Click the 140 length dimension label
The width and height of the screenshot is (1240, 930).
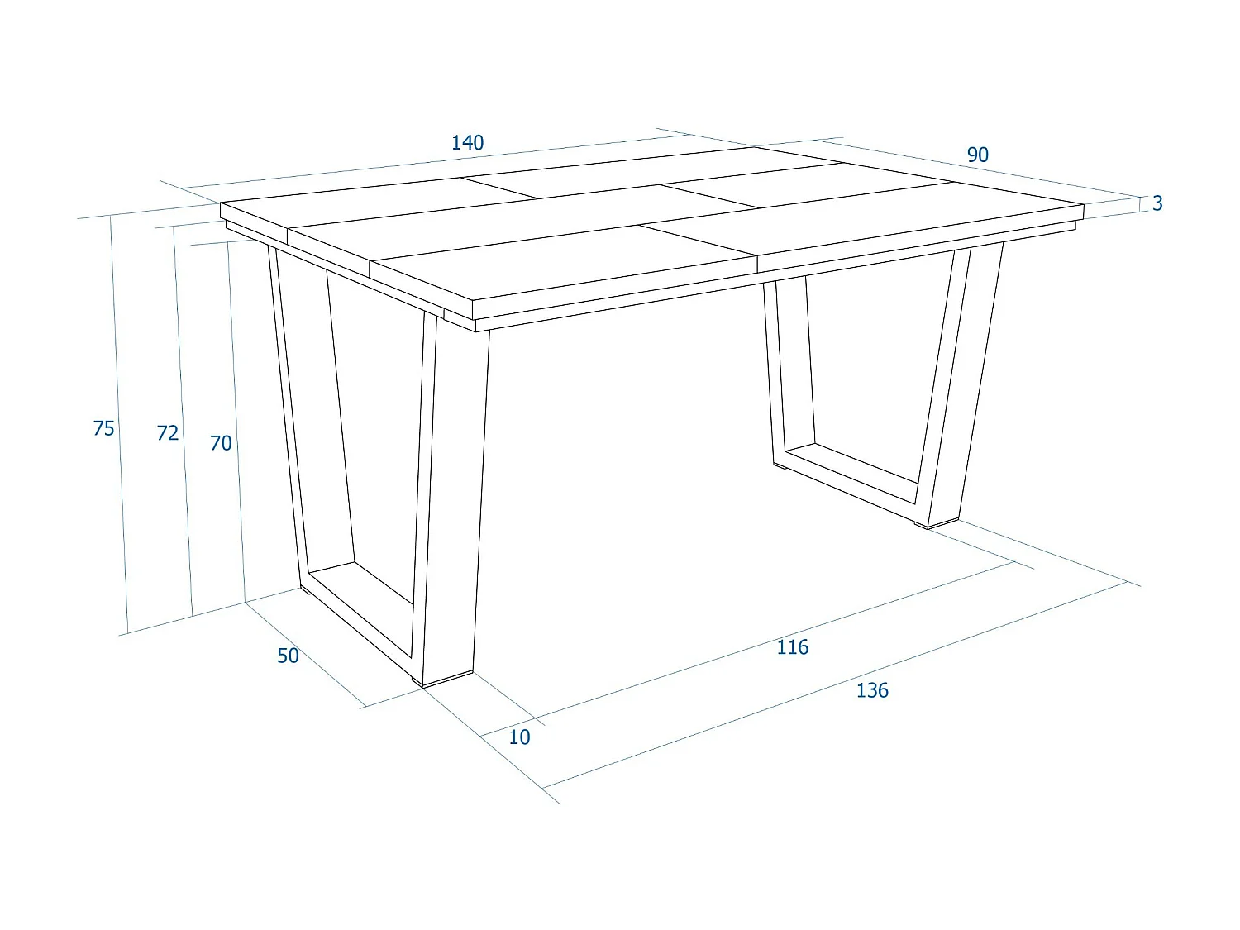tap(467, 142)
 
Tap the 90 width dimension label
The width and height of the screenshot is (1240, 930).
tap(977, 155)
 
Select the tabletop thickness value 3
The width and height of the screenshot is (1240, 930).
tap(1157, 203)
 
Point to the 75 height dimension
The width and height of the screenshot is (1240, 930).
tap(103, 428)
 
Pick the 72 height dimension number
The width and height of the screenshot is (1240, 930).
tap(168, 433)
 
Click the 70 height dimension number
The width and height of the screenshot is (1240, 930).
tap(221, 444)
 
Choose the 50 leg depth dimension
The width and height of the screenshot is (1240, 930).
tap(288, 656)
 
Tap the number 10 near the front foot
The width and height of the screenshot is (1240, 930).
tap(519, 737)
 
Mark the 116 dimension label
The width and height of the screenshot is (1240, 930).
tap(792, 647)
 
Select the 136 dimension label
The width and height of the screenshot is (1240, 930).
tap(872, 690)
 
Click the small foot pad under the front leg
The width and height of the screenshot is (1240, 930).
tap(447, 680)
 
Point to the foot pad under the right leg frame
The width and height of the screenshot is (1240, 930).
tap(937, 523)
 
